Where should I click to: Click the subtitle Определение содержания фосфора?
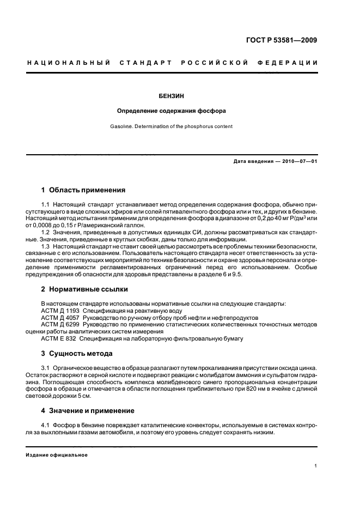pyautogui.click(x=172, y=111)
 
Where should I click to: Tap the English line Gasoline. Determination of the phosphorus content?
pyautogui.click(x=172, y=126)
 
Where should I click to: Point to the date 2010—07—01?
pyautogui.click(x=299, y=162)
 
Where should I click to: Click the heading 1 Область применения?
pyautogui.click(x=83, y=190)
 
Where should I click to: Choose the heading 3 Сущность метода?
pyautogui.click(x=78, y=354)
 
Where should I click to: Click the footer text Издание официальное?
pyautogui.click(x=57, y=456)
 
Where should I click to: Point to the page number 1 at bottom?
pyautogui.click(x=316, y=466)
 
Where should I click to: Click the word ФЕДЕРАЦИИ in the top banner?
pyautogui.click(x=291, y=63)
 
